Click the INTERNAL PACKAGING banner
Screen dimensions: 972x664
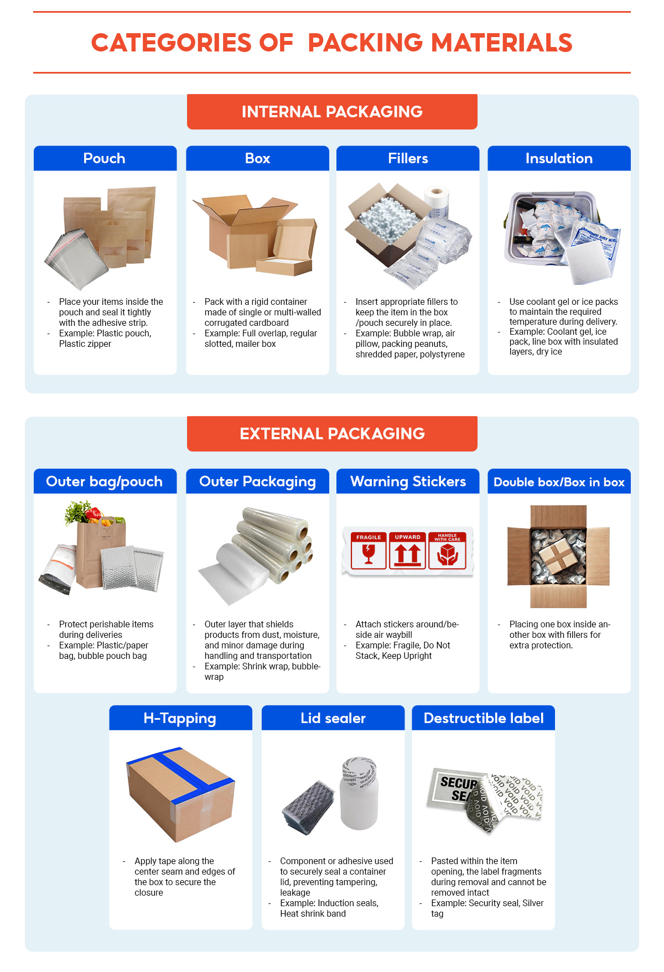click(x=332, y=112)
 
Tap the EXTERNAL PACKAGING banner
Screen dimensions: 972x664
click(x=332, y=434)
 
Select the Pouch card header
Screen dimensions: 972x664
click(x=105, y=159)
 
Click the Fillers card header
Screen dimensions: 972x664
click(x=408, y=159)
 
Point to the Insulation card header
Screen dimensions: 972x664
click(x=559, y=159)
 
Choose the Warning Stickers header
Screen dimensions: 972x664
click(x=408, y=481)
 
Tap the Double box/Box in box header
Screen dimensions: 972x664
click(x=559, y=482)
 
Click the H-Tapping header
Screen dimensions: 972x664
click(x=180, y=718)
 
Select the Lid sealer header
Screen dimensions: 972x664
click(x=333, y=718)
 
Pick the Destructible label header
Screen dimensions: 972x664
click(x=484, y=718)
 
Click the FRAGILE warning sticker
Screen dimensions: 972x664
click(x=369, y=550)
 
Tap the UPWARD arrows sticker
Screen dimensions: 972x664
click(x=408, y=550)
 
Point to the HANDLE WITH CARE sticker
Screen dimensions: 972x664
click(x=448, y=550)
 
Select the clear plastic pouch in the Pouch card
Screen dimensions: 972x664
click(x=75, y=260)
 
